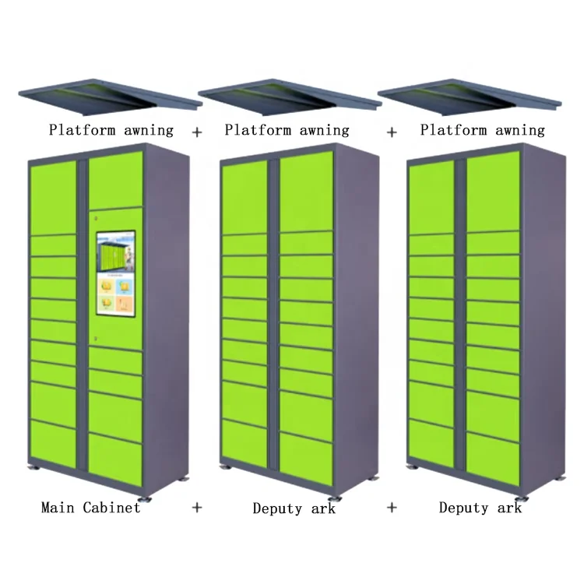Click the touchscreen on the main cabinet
click(x=116, y=274)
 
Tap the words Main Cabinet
click(x=91, y=507)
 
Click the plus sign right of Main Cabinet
click(x=197, y=507)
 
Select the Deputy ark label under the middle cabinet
click(x=294, y=508)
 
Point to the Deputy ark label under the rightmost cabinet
click(x=480, y=508)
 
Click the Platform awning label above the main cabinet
click(x=111, y=130)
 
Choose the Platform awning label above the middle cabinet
click(x=287, y=130)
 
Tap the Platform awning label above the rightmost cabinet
click(x=482, y=130)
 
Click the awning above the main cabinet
click(x=111, y=96)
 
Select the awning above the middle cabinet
click(x=290, y=96)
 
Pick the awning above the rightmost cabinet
click(x=470, y=96)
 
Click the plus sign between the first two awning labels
click(x=197, y=132)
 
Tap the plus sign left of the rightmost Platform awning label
click(x=392, y=132)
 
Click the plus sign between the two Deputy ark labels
click(x=392, y=507)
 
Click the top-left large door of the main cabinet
click(x=53, y=198)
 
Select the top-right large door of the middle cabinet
click(x=306, y=191)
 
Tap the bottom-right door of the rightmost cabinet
click(x=493, y=459)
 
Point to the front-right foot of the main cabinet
click(x=145, y=498)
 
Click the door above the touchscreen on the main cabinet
click(x=116, y=180)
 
